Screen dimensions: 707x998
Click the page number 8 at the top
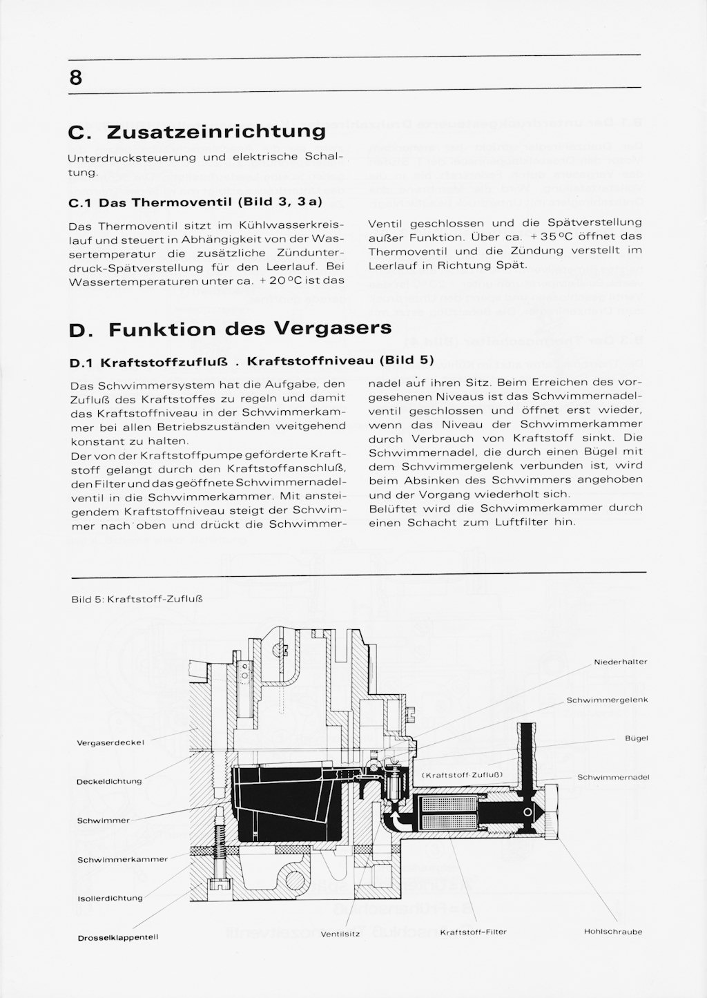coord(76,77)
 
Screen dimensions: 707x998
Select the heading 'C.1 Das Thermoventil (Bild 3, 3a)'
coord(195,202)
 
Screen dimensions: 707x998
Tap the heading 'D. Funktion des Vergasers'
coord(231,329)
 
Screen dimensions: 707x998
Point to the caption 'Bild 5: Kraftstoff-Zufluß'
coord(137,599)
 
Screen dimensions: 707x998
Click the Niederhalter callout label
coord(620,662)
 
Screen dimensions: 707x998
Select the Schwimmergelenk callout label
coord(607,700)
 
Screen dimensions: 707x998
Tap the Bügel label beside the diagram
coord(636,738)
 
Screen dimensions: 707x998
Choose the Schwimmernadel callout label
coord(613,777)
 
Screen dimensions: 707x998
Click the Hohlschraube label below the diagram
coord(613,931)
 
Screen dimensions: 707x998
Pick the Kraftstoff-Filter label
coord(473,932)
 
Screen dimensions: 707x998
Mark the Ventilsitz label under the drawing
coord(340,934)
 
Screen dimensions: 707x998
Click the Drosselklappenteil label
coord(118,937)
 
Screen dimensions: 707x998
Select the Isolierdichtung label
coord(110,898)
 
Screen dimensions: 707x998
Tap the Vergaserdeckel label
coord(110,742)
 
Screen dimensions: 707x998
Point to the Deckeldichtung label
coord(109,781)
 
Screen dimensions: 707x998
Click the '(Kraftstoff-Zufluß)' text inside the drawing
coord(462,775)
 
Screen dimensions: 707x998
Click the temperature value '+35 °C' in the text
coord(547,236)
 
